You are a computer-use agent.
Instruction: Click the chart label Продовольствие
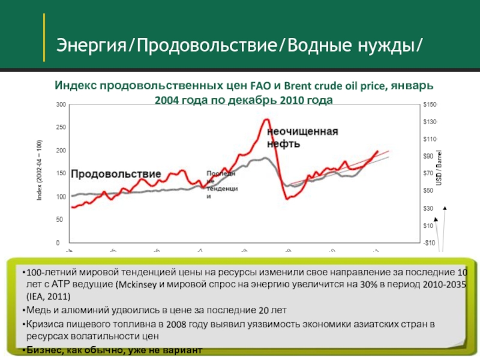point(116,173)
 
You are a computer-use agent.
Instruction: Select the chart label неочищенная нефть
point(302,137)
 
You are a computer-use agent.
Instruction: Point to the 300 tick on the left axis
point(61,104)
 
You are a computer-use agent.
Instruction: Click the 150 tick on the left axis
point(61,174)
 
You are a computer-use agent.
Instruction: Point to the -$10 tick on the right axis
point(428,243)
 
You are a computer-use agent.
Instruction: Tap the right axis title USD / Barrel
point(439,168)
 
